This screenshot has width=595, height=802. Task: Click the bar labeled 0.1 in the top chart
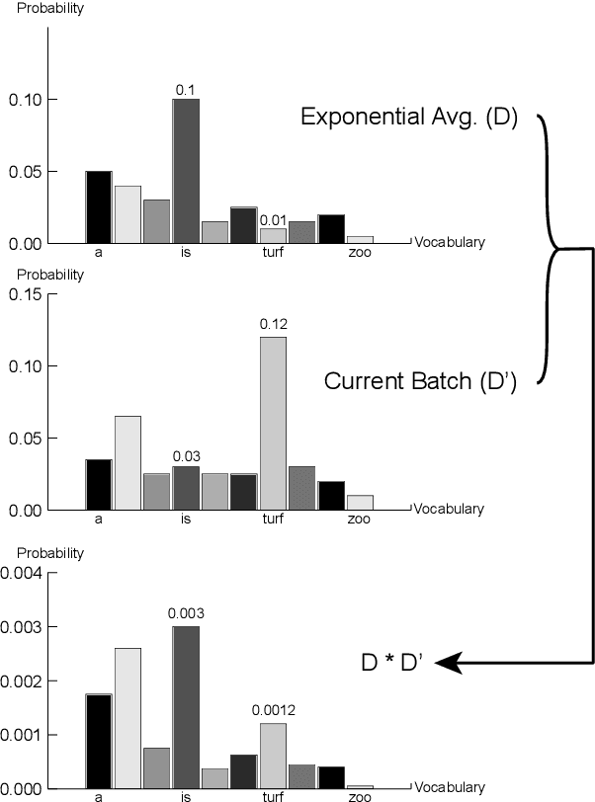tap(186, 170)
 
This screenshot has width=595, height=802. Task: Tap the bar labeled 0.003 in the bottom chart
tap(186, 706)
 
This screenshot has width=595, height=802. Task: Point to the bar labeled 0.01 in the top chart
tap(273, 235)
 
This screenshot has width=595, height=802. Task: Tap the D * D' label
tap(393, 663)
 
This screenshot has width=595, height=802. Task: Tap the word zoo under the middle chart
tap(359, 520)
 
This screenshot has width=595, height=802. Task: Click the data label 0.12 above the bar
tap(272, 324)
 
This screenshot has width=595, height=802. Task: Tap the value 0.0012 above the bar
tap(274, 709)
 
